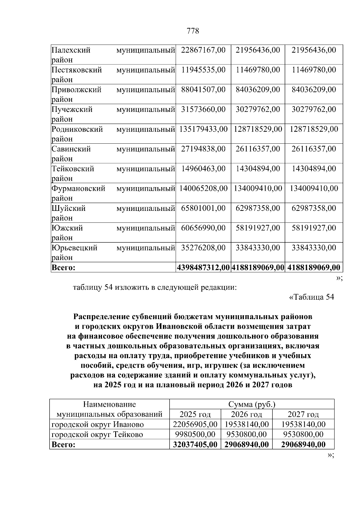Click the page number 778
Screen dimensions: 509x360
pyautogui.click(x=193, y=31)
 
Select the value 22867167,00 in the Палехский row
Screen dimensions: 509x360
pyautogui.click(x=203, y=50)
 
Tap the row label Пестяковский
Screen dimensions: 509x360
pyautogui.click(x=77, y=70)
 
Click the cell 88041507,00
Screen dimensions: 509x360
pyautogui.click(x=203, y=90)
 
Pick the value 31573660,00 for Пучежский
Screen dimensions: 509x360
pyautogui.click(x=203, y=109)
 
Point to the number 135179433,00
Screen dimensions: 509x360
pyautogui.click(x=203, y=129)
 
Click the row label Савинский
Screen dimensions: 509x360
pyautogui.click(x=71, y=149)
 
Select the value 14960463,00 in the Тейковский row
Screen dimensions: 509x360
pyautogui.click(x=203, y=169)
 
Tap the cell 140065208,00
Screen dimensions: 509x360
pyautogui.click(x=203, y=189)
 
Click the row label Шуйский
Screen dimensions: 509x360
pyautogui.click(x=68, y=208)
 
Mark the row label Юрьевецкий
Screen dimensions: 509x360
pyautogui.click(x=74, y=248)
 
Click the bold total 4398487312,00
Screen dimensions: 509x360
pyautogui.click(x=203, y=268)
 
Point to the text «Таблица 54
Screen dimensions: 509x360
pyautogui.click(x=311, y=297)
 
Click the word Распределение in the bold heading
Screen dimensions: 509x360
pyautogui.click(x=101, y=317)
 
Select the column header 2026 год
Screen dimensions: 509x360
pyautogui.click(x=246, y=415)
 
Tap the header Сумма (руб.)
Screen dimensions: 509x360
pyautogui.click(x=252, y=404)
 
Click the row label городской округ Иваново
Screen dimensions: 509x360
pyautogui.click(x=97, y=424)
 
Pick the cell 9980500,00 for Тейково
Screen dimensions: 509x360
pyautogui.click(x=195, y=434)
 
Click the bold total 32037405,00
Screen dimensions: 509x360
pyautogui.click(x=195, y=445)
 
